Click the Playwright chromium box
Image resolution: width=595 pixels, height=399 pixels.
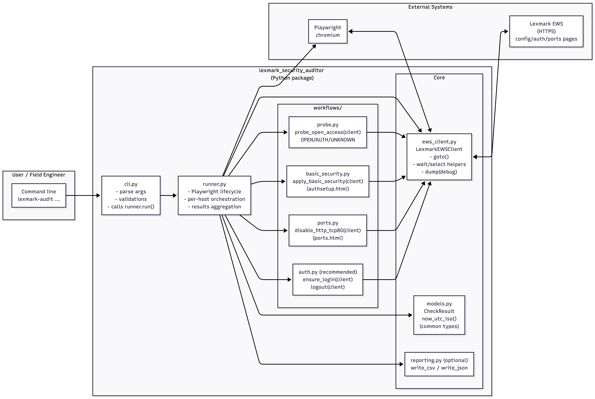[x=328, y=31]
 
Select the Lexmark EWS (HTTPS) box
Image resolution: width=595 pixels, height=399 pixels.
[x=546, y=31]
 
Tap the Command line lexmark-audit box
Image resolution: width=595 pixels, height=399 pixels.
[x=39, y=195]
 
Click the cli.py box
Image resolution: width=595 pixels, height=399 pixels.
[x=131, y=195]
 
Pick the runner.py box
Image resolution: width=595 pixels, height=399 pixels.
[x=214, y=195]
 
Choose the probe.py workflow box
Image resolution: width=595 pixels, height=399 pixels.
[x=328, y=132]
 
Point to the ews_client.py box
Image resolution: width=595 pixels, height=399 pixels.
[x=439, y=157]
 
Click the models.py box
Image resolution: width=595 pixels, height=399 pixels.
[x=439, y=315]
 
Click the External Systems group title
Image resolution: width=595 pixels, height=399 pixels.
[x=430, y=7]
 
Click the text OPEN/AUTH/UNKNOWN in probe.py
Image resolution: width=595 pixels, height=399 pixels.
[x=328, y=140]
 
